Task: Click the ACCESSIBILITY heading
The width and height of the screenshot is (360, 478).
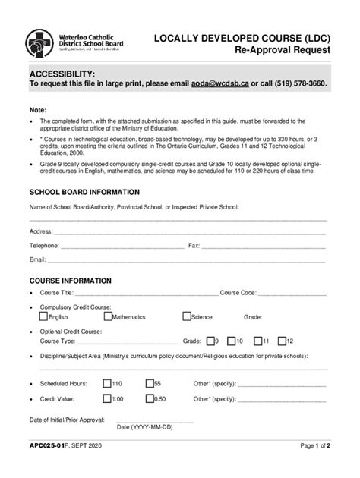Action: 62,72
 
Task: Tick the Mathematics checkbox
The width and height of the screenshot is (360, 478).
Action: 107,316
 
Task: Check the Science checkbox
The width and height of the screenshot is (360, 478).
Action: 186,316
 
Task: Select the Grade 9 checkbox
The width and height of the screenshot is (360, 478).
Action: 209,341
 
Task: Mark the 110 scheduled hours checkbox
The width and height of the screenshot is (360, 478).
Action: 107,383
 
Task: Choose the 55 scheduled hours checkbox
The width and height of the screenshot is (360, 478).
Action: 150,383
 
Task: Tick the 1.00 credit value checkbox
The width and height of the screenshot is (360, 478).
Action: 107,398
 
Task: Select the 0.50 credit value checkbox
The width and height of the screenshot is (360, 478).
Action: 150,398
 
